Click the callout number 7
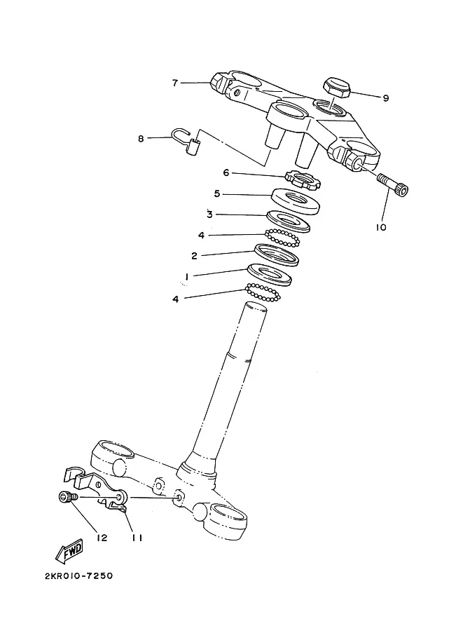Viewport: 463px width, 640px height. [x=175, y=83]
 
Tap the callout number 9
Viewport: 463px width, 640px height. [x=385, y=98]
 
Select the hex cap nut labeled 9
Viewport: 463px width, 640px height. [x=337, y=88]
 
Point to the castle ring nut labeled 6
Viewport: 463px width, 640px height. [x=303, y=179]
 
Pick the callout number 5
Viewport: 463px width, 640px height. [x=217, y=193]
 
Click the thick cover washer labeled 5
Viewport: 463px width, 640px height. [x=296, y=201]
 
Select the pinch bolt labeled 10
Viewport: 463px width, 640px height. [x=394, y=185]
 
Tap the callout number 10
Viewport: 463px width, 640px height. [x=380, y=227]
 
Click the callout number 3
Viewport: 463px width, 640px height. [x=209, y=215]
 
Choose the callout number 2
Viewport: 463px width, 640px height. [x=194, y=256]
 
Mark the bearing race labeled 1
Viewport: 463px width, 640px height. [x=269, y=275]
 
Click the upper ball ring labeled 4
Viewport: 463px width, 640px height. [x=282, y=238]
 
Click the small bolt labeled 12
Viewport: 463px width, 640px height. [x=68, y=497]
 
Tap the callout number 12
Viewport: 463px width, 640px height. [x=102, y=538]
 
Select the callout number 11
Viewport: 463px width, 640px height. [x=137, y=538]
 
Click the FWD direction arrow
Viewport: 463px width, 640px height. [x=69, y=551]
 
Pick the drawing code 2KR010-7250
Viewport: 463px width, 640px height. [x=78, y=576]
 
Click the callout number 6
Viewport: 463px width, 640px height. [x=226, y=173]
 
